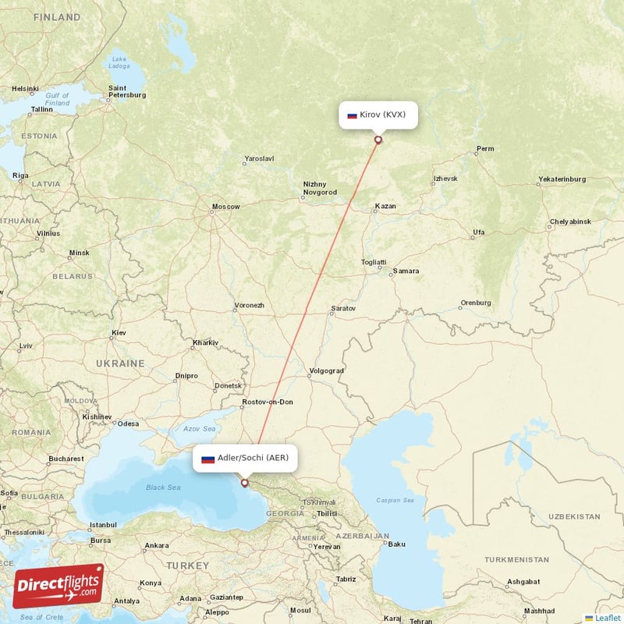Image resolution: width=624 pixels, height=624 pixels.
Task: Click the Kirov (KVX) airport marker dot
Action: coord(378,140)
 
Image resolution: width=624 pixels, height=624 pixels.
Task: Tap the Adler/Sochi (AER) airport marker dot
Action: coord(245,484)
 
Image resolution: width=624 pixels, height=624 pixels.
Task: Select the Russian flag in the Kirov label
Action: coord(352,115)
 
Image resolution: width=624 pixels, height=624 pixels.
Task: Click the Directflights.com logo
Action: coord(58,586)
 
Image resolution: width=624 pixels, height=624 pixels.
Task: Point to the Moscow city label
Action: coord(226,207)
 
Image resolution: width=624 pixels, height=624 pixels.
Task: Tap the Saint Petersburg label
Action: coord(126,91)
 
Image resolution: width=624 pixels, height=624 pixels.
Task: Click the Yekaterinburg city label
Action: coord(562,179)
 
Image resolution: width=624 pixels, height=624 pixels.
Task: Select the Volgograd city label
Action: coord(326,370)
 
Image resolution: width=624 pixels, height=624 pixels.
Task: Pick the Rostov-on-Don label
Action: coord(268,402)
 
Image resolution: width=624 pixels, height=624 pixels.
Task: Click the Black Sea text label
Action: coord(163,487)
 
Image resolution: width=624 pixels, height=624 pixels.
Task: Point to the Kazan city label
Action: coord(385,207)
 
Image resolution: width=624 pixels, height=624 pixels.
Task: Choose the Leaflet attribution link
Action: coord(608,618)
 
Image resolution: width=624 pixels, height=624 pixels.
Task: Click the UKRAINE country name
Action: coord(120,363)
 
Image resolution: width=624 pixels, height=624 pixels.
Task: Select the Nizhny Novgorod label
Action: coord(320,188)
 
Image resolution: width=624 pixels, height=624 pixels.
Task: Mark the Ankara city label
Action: coord(156,545)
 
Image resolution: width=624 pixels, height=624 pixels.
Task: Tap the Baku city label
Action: coord(397,544)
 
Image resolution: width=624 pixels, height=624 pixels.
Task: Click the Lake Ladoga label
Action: coord(119,62)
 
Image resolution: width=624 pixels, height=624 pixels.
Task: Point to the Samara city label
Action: coord(406,271)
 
